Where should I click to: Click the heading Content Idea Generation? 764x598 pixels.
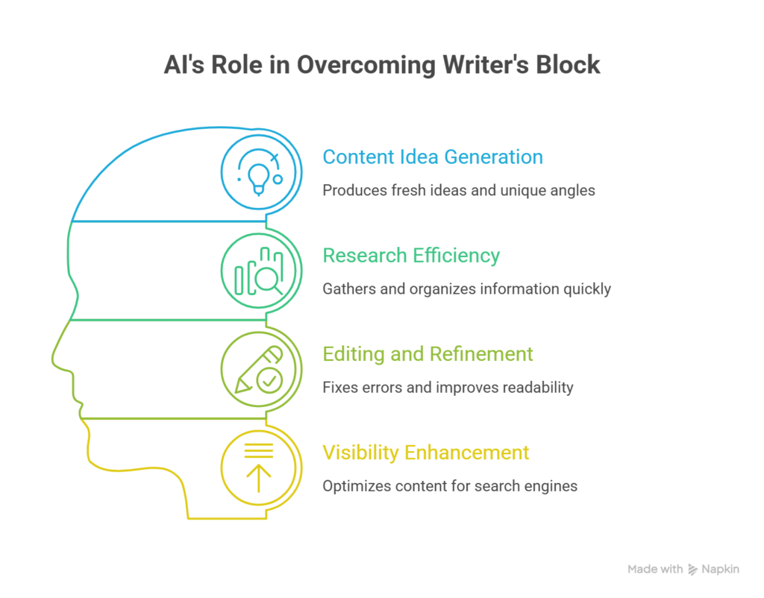pos(433,157)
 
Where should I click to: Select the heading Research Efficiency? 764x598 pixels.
pos(411,256)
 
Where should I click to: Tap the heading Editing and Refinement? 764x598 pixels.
pos(428,354)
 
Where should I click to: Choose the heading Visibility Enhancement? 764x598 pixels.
pos(426,453)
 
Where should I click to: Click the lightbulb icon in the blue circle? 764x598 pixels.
pos(259,179)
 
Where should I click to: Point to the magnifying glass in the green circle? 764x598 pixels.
pos(268,280)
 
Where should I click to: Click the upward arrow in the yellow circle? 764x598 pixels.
pos(259,478)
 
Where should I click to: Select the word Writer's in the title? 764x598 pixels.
pos(485,65)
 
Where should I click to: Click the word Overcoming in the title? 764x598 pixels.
pos(366,66)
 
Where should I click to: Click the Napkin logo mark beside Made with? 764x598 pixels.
pos(692,569)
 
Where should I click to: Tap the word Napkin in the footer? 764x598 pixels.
pos(720,569)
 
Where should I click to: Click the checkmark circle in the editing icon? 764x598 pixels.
pos(269,380)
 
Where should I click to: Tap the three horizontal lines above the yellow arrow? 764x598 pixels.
pos(259,450)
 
